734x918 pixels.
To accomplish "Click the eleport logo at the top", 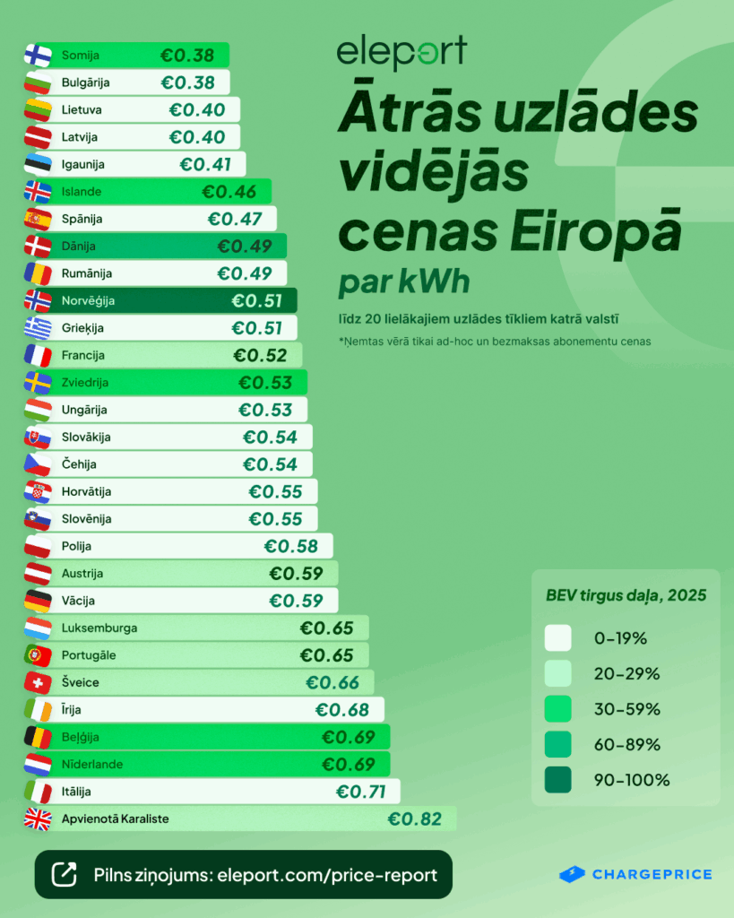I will [402, 55].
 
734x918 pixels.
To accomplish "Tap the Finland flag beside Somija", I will [38, 56].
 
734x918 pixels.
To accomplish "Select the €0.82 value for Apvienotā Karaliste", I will [415, 818].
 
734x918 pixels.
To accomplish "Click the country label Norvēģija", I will [88, 301].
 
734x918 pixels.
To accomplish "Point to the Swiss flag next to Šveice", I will [38, 683].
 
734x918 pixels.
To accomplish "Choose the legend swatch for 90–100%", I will [557, 780].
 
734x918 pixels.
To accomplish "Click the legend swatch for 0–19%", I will [557, 638].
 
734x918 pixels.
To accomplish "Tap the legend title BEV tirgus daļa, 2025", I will [626, 595].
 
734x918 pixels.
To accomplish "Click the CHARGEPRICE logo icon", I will [572, 874].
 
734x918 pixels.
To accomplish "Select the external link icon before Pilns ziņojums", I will [65, 874].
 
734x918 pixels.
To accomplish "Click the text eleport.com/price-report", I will [327, 874].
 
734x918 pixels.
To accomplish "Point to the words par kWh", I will [404, 282].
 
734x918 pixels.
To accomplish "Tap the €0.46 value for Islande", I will [229, 192].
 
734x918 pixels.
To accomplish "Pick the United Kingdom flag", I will [38, 819].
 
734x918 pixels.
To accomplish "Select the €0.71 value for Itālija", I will [360, 792].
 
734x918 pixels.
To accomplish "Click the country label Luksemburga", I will [99, 628].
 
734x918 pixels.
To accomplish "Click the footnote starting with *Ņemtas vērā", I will [495, 342].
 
